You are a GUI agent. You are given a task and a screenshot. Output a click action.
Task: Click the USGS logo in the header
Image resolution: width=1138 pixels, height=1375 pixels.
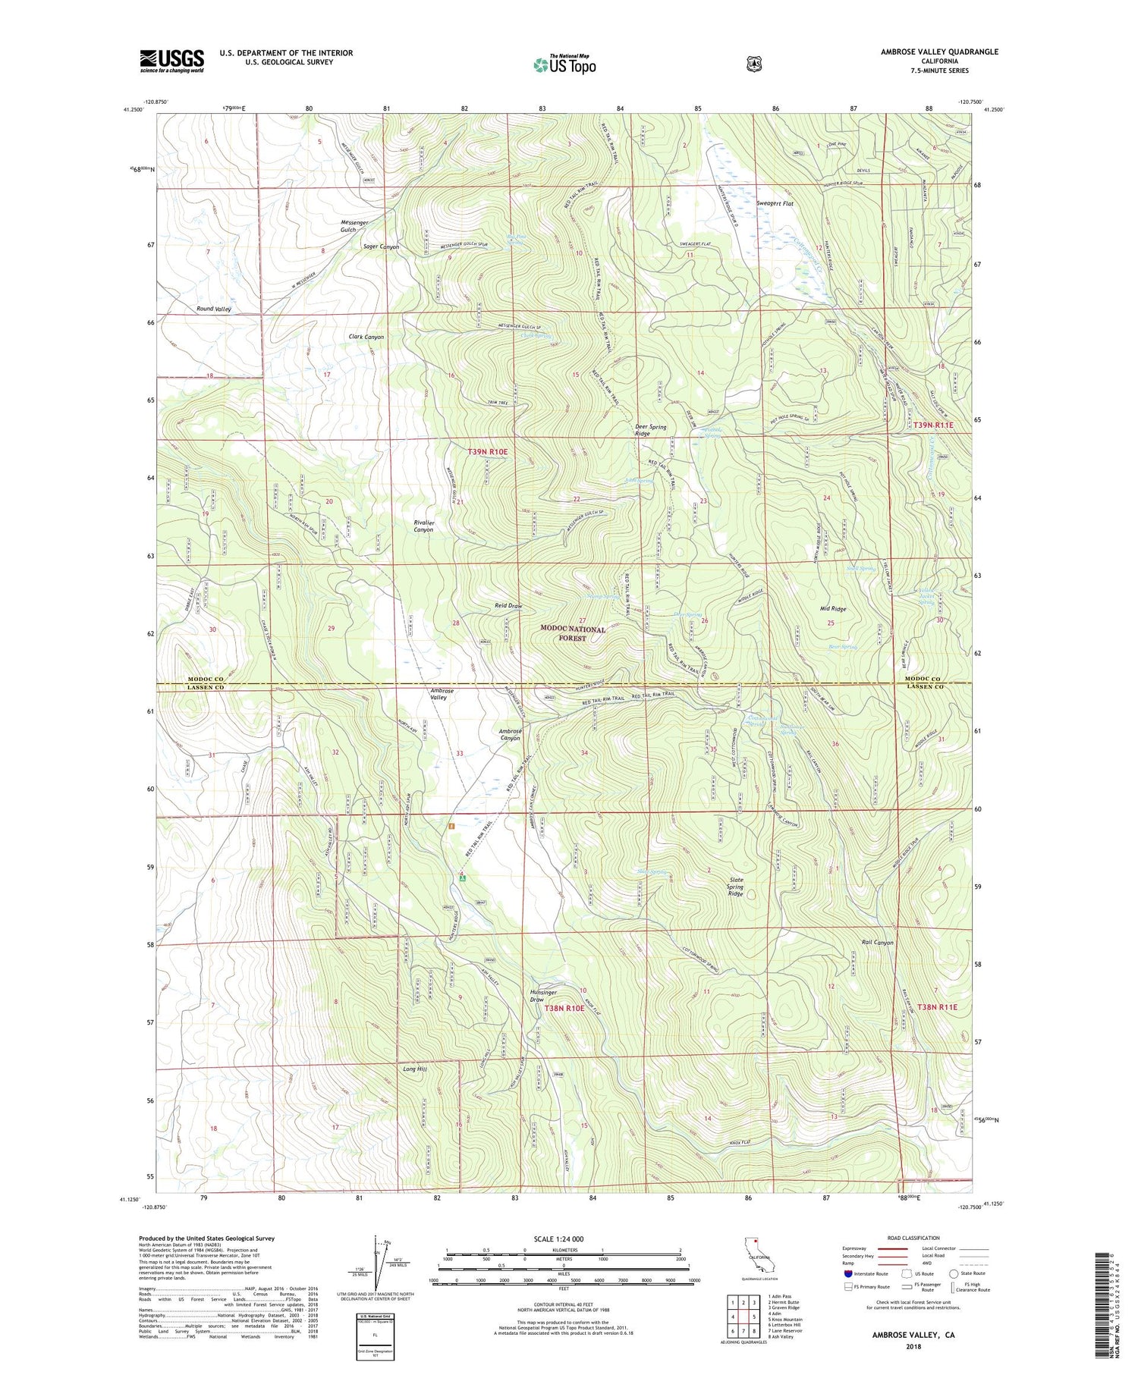pyautogui.click(x=171, y=61)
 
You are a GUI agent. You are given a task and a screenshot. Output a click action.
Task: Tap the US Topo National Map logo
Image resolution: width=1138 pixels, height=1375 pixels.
pyautogui.click(x=564, y=64)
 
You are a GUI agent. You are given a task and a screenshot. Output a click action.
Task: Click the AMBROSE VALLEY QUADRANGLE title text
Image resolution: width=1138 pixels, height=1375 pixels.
pyautogui.click(x=939, y=52)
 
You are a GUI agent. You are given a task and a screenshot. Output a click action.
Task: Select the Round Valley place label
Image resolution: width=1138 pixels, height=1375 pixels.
pyautogui.click(x=213, y=309)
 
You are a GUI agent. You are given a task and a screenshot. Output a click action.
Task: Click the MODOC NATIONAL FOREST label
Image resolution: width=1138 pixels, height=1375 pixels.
pyautogui.click(x=573, y=633)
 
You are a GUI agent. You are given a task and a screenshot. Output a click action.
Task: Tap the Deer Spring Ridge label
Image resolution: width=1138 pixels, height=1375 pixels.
pyautogui.click(x=651, y=430)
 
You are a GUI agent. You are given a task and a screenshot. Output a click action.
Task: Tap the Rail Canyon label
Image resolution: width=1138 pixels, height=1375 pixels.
pyautogui.click(x=877, y=942)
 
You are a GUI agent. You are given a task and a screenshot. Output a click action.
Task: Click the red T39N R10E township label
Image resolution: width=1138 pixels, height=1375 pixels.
pyautogui.click(x=487, y=451)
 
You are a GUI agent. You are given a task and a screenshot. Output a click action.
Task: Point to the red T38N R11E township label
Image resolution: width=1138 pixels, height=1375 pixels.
pyautogui.click(x=937, y=1007)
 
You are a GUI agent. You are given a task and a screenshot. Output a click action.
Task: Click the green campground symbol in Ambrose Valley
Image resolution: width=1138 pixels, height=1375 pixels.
pyautogui.click(x=462, y=878)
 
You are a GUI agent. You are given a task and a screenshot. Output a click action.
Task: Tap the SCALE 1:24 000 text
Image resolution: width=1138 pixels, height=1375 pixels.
pyautogui.click(x=558, y=1239)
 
